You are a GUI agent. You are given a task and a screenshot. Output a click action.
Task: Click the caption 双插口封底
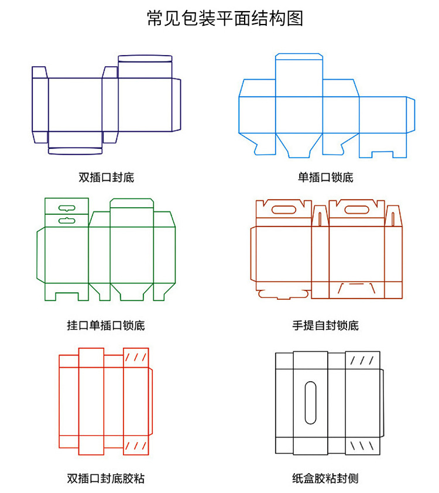[x=106, y=177]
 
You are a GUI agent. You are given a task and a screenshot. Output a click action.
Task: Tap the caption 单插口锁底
[x=325, y=177]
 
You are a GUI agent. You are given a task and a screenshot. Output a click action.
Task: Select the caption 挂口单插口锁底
[x=106, y=326]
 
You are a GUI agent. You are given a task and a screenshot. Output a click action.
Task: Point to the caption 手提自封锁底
[x=325, y=326]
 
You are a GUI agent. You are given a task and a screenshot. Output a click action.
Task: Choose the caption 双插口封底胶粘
[x=106, y=478]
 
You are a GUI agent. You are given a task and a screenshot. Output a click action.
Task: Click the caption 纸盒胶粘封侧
[x=325, y=478]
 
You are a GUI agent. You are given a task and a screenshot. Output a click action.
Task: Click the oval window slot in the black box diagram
[x=311, y=402]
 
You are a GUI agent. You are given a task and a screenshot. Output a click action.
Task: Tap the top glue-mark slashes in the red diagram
[x=136, y=357]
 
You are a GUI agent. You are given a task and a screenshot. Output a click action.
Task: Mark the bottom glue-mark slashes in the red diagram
[x=136, y=446]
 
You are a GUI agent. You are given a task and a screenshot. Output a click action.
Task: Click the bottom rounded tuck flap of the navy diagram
[x=75, y=150]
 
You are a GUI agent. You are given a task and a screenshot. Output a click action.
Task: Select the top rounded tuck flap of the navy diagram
[x=145, y=58]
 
